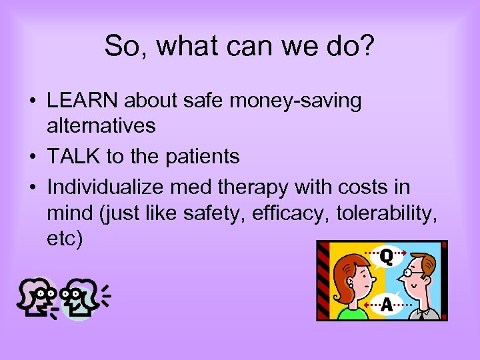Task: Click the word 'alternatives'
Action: pyautogui.click(x=101, y=125)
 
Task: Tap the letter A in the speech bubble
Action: pyautogui.click(x=386, y=305)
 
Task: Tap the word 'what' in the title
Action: pyautogui.click(x=178, y=46)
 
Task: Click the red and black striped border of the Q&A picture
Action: pyautogui.click(x=323, y=280)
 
